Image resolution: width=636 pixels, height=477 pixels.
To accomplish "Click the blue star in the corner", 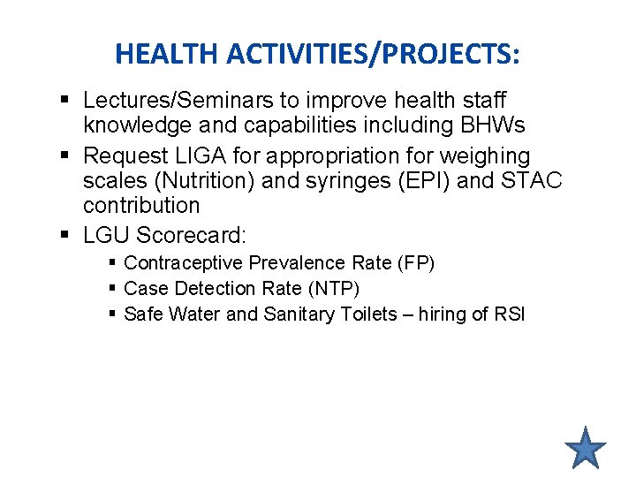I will point(585,447).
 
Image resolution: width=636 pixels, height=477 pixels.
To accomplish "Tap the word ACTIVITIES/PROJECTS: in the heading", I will point(373,55).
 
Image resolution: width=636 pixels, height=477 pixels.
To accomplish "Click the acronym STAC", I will point(531,181).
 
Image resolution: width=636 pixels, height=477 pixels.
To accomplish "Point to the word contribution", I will point(141,206).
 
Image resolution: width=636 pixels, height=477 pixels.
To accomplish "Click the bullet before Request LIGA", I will point(67,156).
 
